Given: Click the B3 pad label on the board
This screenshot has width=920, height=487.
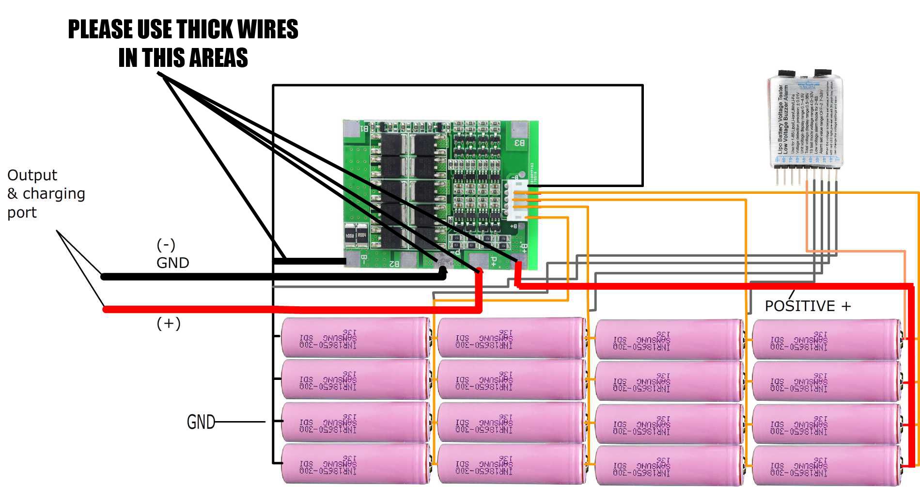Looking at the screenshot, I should (519, 143).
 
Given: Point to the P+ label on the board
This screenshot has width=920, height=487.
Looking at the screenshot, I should (493, 262).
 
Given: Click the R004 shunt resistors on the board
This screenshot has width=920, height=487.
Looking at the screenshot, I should (355, 236).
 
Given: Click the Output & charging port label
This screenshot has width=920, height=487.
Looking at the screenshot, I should (46, 193).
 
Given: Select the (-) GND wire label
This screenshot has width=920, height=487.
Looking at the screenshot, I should (172, 254).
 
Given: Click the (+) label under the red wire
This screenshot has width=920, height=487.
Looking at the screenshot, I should (168, 323).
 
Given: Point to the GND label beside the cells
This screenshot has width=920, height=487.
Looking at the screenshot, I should (201, 422).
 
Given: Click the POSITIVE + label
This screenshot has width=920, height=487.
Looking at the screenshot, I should (807, 306).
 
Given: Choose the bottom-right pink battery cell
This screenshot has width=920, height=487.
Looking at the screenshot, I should (826, 466).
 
